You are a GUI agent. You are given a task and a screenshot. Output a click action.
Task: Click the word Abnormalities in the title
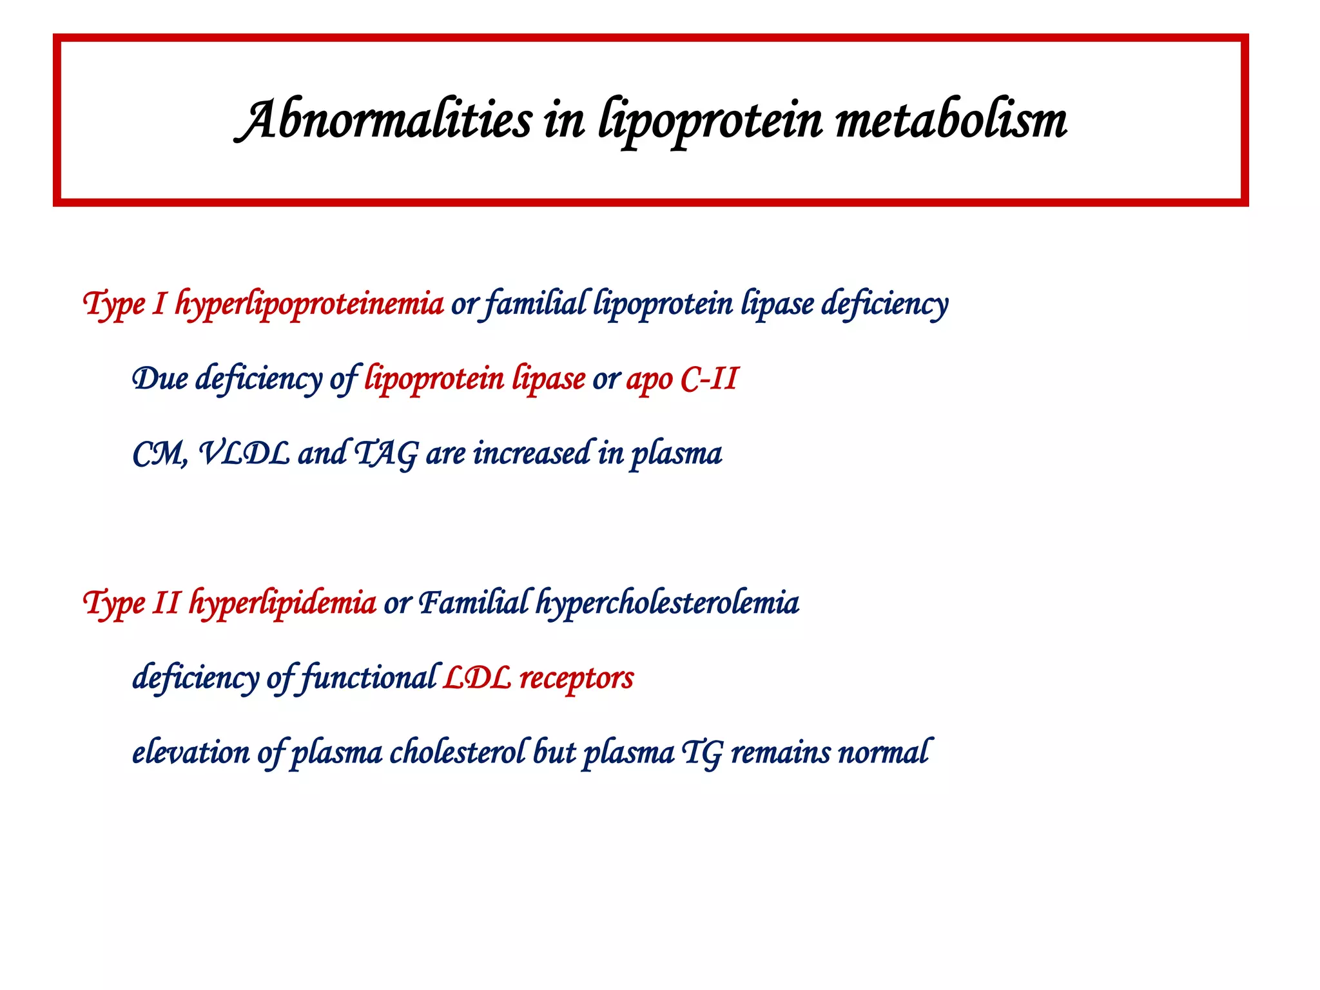383,121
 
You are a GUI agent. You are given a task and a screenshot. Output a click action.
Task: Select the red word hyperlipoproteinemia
309,304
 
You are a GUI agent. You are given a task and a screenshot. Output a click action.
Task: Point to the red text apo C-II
682,378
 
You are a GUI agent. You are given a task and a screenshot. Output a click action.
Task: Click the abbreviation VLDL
244,453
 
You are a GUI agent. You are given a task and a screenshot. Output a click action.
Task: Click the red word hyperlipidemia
282,603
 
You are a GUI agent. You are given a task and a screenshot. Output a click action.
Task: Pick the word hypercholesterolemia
668,603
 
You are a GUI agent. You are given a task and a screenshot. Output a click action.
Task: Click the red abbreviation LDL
477,678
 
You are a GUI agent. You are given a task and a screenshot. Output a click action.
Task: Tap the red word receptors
577,678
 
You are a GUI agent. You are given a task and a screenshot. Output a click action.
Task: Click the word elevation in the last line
191,753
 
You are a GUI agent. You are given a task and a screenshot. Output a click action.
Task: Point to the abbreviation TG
702,753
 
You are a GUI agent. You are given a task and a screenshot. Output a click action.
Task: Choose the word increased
532,453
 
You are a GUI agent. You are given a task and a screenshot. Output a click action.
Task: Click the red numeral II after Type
166,603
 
